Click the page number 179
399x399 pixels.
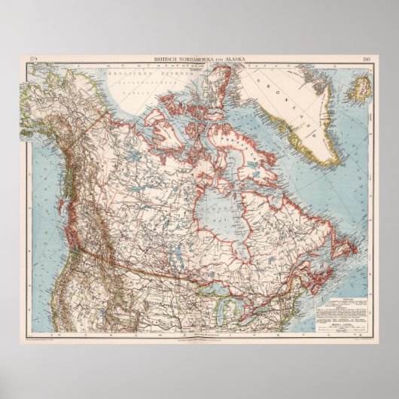point(32,59)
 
